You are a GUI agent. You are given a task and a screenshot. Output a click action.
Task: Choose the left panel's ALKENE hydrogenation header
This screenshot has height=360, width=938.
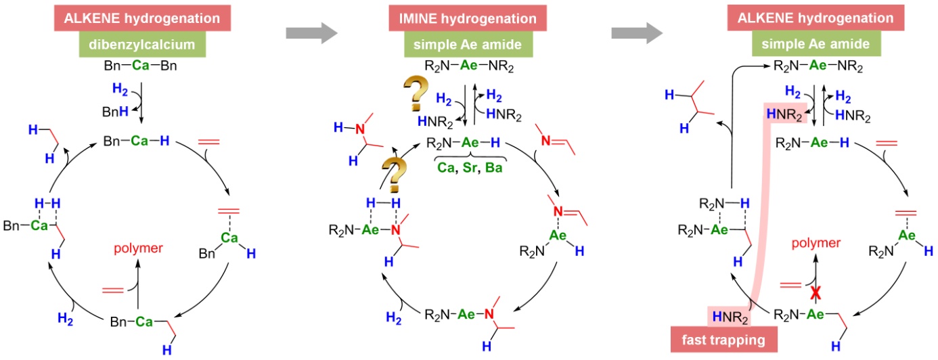click(142, 18)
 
